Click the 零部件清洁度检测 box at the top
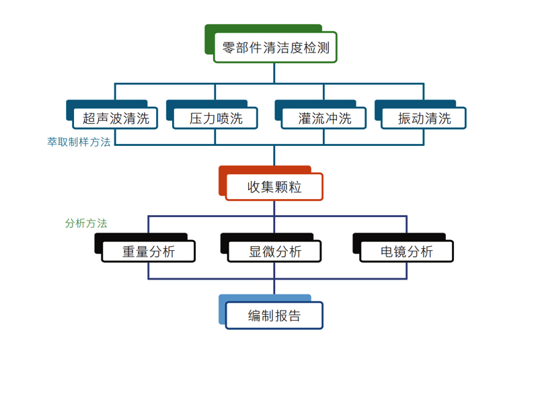coord(275,48)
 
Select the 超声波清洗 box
coord(116,119)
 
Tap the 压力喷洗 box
coord(216,119)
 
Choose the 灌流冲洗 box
coord(325,119)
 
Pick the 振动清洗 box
coord(424,119)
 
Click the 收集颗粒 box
coord(274,187)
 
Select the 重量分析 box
coord(149,251)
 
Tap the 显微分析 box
coord(275,251)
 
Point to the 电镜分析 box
coord(407,251)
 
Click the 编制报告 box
coord(274,315)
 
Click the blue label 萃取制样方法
coord(79,143)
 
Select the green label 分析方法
coord(86,224)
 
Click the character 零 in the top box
coord(229,48)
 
